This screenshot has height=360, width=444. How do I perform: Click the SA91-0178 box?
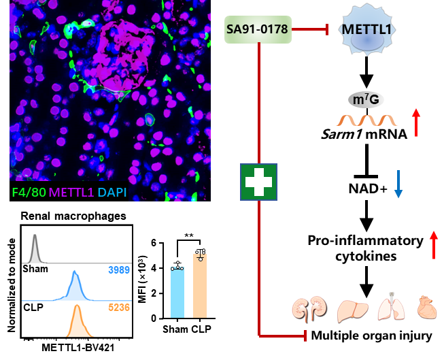(x=258, y=29)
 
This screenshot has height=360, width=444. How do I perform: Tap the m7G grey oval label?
(x=366, y=100)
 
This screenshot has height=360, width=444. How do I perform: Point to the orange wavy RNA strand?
(x=366, y=120)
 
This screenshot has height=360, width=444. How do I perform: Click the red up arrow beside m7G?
(x=416, y=122)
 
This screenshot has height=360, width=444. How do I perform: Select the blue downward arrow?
(x=398, y=184)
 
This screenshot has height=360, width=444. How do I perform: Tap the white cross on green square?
(x=258, y=182)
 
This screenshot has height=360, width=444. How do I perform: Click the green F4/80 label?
(x=29, y=192)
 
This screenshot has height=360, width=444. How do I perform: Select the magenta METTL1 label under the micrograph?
(x=72, y=192)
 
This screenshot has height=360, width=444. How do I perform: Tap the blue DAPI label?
(x=112, y=192)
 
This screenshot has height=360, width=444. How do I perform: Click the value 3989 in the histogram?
(x=119, y=270)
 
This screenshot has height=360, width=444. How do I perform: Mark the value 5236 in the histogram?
(x=119, y=307)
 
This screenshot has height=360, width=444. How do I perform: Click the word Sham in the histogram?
(x=35, y=269)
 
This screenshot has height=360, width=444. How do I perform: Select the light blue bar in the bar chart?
(x=177, y=293)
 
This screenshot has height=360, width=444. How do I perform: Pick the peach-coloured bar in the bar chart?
(x=199, y=286)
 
